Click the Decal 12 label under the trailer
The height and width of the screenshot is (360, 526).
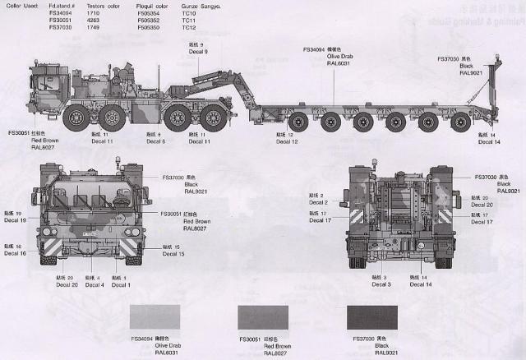pos(287,142)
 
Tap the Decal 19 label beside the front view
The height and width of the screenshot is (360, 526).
pos(16,220)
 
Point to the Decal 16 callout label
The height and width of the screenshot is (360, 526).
pos(16,253)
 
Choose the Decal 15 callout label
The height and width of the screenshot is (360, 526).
pos(173,254)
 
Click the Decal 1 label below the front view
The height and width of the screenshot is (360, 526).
pos(120,284)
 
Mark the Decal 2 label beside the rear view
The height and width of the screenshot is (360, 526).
pos(318,202)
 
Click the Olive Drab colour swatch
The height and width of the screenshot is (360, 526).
pos(155,316)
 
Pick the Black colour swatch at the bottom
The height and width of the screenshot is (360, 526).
pos(372,316)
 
